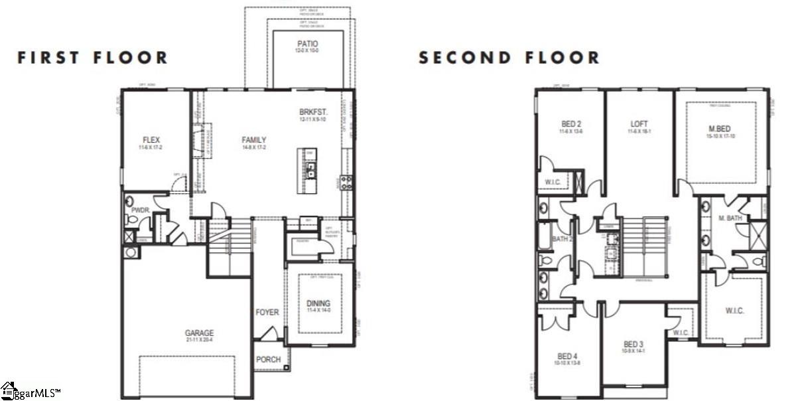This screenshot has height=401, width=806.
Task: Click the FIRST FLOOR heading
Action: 93,58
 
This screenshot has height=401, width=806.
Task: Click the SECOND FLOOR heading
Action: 509,58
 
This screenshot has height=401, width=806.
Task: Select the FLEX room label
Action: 151,139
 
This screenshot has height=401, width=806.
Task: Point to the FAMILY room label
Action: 253,139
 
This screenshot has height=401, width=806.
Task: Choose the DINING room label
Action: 318,303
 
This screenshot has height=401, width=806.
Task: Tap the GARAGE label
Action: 199,333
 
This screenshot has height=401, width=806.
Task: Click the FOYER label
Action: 267,312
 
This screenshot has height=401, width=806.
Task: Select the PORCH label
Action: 268,360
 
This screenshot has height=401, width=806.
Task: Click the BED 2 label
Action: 571,124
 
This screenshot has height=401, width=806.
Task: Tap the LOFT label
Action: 639,124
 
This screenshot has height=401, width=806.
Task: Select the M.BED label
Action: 720,128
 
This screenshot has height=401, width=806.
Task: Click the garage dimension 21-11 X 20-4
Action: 199,341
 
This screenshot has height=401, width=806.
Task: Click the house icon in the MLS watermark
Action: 8,389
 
